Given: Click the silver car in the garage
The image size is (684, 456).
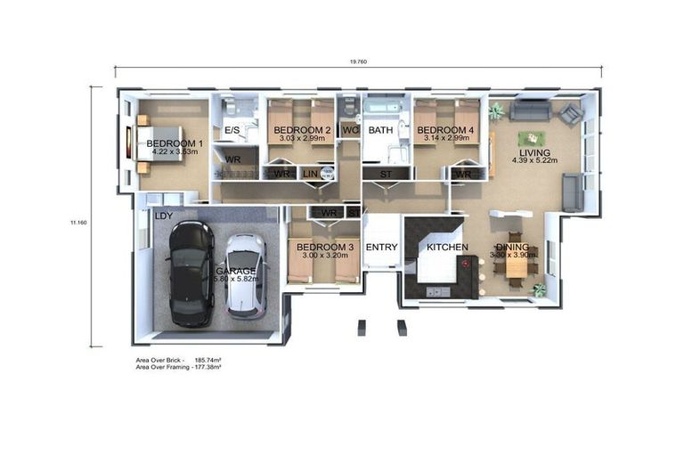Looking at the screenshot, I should pyautogui.click(x=244, y=276).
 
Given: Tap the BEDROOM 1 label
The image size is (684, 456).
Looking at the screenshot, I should pyautogui.click(x=175, y=143).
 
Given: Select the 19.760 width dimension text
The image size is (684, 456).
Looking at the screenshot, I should pyautogui.click(x=358, y=61).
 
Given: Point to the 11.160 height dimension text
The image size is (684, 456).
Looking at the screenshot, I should pyautogui.click(x=79, y=223).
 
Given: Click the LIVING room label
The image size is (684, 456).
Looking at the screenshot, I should pyautogui.click(x=534, y=152).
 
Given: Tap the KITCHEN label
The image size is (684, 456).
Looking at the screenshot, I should pyautogui.click(x=447, y=247).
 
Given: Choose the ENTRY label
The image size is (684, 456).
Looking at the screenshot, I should pyautogui.click(x=381, y=248).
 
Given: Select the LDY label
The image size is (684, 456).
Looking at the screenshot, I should pyautogui.click(x=163, y=216).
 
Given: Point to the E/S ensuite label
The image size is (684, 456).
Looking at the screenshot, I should pyautogui.click(x=233, y=131).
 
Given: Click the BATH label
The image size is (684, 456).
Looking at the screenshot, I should pyautogui.click(x=381, y=131).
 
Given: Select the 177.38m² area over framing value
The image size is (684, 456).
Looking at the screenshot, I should pyautogui.click(x=208, y=366).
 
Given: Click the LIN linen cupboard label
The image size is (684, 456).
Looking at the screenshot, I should pyautogui.click(x=310, y=173).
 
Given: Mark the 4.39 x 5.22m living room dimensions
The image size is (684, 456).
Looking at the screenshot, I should pyautogui.click(x=534, y=161).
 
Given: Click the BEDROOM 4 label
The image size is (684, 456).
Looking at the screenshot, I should pyautogui.click(x=446, y=131).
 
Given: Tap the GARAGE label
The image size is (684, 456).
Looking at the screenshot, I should pyautogui.click(x=236, y=271).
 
